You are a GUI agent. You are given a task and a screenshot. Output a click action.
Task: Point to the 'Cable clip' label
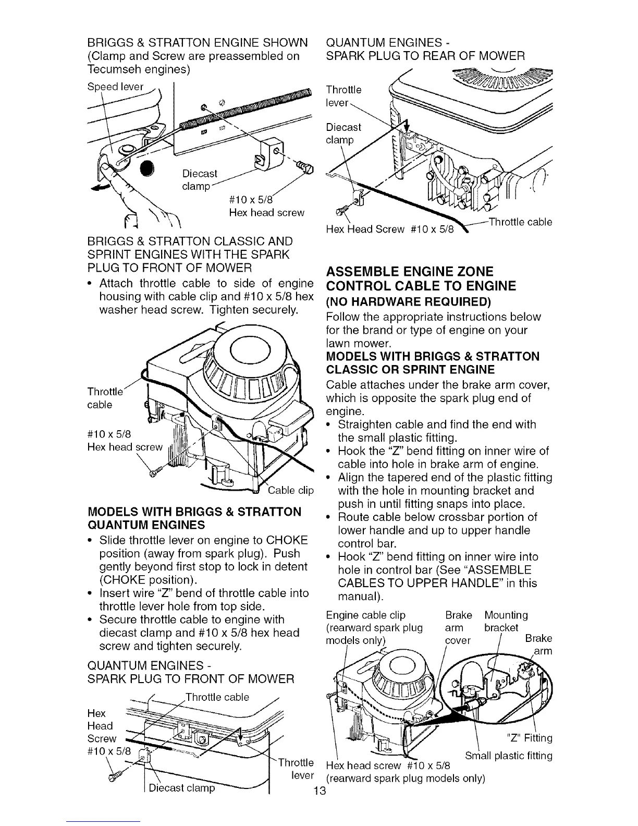(290, 490)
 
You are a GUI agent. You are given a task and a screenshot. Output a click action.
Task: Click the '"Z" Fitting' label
(529, 738)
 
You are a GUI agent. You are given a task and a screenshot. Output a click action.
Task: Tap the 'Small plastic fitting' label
(508, 756)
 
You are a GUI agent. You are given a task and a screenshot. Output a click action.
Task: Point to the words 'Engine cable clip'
(365, 615)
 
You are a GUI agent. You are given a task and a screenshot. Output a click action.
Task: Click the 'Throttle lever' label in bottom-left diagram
(296, 768)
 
